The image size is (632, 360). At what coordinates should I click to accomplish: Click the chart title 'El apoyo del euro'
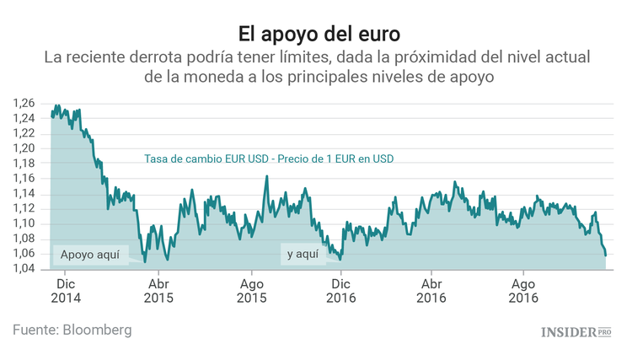pos(316,33)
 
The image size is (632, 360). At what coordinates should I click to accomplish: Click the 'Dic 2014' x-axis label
pos(66,291)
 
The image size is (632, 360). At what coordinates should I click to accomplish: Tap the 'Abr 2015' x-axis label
pos(159,291)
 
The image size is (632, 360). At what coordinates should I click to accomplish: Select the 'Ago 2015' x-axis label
pos(251,291)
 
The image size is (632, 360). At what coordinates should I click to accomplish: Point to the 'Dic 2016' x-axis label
pos(342,291)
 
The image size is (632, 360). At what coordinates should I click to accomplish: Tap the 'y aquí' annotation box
pos(303,253)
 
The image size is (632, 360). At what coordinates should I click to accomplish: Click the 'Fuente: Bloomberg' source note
pos(72,330)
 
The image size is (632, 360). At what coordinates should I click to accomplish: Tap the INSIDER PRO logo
pos(576,332)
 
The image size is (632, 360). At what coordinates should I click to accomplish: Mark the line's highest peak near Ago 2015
pos(266,176)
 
